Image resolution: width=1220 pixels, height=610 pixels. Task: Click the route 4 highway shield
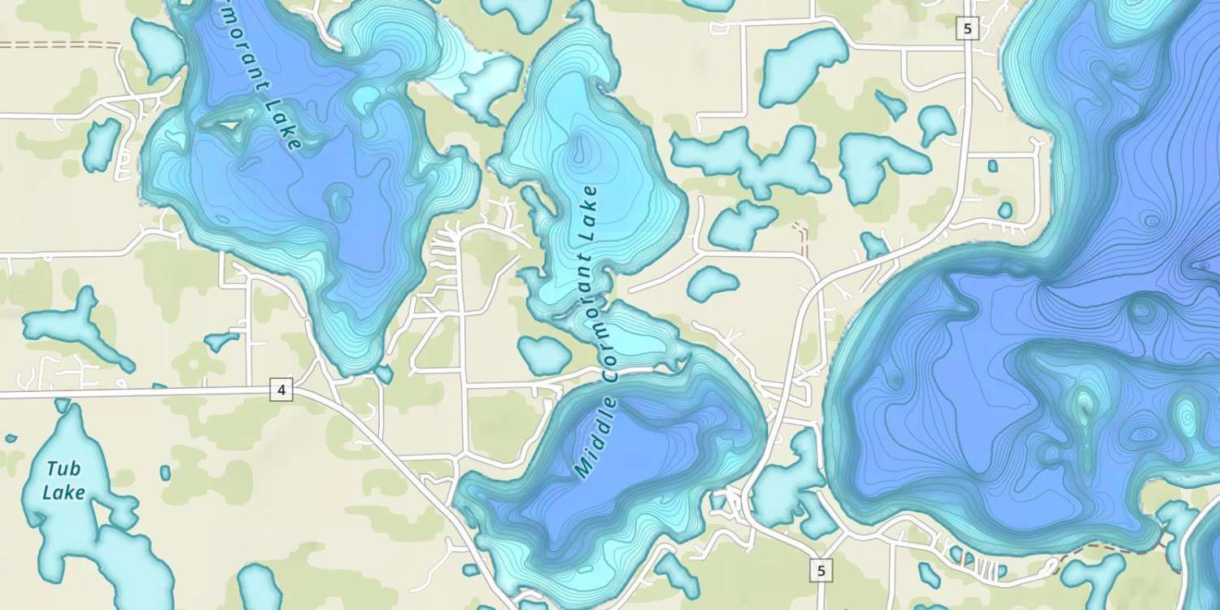tap(281, 390)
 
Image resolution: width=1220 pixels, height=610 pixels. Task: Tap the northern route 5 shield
tap(966, 29)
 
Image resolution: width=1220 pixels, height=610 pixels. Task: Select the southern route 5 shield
tap(821, 571)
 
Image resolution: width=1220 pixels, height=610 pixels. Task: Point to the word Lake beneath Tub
tap(63, 493)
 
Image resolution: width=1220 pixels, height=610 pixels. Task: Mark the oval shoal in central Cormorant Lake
tap(335, 199)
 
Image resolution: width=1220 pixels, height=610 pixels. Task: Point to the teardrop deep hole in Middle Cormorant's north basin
tap(580, 148)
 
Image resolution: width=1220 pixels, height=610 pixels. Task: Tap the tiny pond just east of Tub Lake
tap(166, 473)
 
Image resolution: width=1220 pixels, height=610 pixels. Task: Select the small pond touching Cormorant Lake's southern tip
tap(382, 373)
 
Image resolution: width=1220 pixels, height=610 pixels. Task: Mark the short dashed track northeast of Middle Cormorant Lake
tap(802, 236)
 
